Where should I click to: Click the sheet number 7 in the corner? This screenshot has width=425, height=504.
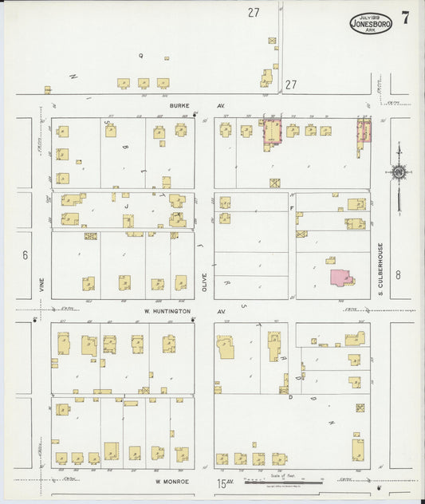pyautogui.click(x=406, y=18)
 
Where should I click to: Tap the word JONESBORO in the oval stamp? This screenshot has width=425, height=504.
pyautogui.click(x=371, y=24)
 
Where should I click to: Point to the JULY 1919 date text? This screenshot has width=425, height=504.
pyautogui.click(x=370, y=16)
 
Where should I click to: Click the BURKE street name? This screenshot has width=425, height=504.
pyautogui.click(x=177, y=105)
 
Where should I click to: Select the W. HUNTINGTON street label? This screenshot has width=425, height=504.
pyautogui.click(x=168, y=312)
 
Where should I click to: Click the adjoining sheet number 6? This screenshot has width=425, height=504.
pyautogui.click(x=26, y=255)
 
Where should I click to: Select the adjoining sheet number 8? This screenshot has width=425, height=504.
pyautogui.click(x=397, y=275)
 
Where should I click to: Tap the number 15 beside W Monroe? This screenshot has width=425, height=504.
pyautogui.click(x=221, y=483)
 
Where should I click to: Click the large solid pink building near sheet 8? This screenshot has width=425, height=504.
pyautogui.click(x=341, y=277)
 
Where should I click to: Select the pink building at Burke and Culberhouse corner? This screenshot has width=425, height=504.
pyautogui.click(x=364, y=131)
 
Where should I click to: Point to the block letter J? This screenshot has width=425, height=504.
pyautogui.click(x=127, y=203)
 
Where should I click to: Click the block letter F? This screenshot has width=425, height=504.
pyautogui.click(x=293, y=207)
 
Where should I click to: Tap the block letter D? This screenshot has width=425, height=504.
pyautogui.click(x=290, y=396)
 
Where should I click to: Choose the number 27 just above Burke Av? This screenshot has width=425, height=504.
pyautogui.click(x=291, y=84)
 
